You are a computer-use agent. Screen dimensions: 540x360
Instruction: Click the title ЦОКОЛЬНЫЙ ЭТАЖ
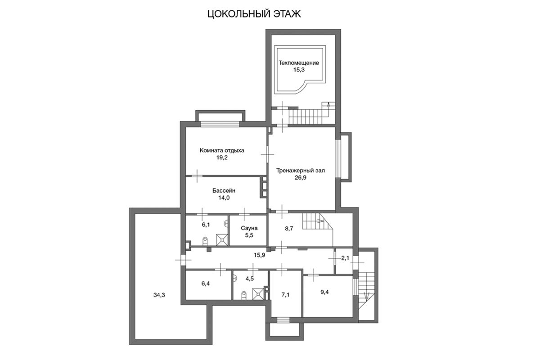click(x=254, y=14)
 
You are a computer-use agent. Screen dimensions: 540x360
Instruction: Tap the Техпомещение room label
click(x=299, y=63)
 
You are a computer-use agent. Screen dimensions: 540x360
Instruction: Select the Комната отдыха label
click(x=222, y=150)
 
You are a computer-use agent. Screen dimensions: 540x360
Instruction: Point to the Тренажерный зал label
click(x=301, y=171)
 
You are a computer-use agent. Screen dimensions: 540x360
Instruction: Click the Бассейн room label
click(x=224, y=191)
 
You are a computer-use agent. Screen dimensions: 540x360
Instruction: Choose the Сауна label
click(x=249, y=228)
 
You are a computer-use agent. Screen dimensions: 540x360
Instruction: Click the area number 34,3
click(x=159, y=295)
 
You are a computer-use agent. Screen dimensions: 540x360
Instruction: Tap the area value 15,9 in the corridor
click(x=259, y=255)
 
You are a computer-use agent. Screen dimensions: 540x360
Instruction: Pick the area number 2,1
click(x=345, y=258)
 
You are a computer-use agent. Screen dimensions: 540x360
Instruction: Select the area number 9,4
click(x=324, y=292)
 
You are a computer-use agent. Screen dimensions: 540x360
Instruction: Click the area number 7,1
click(x=285, y=295)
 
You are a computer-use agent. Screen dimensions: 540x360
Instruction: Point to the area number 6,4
click(x=205, y=283)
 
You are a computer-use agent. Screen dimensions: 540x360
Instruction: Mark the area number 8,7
click(x=289, y=229)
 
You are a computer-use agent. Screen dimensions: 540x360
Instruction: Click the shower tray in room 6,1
click(x=222, y=240)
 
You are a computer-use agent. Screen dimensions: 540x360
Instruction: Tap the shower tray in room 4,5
click(x=258, y=294)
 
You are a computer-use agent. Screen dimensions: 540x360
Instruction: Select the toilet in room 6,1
click(x=205, y=241)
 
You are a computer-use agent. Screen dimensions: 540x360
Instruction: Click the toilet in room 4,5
click(x=244, y=296)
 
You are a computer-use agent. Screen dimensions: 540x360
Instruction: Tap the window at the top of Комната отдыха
click(x=220, y=124)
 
